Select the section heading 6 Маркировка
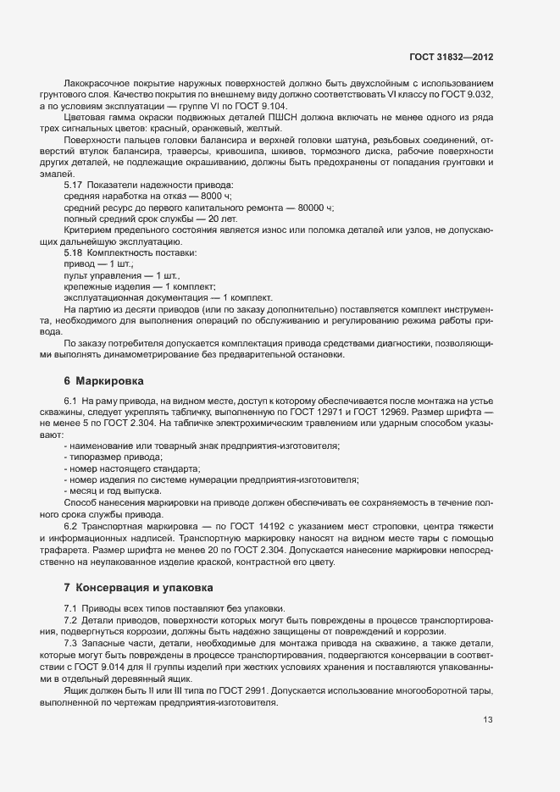pos(103,381)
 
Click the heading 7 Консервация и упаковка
pos(133,587)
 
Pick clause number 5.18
pos(75,253)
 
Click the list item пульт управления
pos(98,276)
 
